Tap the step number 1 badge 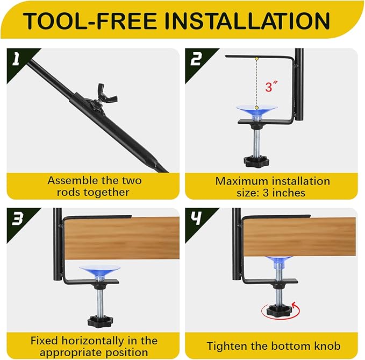(16, 58)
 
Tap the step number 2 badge (196, 58)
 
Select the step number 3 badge (16, 218)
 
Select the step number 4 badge (196, 218)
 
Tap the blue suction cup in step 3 (99, 270)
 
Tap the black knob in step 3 (99, 321)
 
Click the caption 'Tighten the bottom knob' (274, 346)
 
